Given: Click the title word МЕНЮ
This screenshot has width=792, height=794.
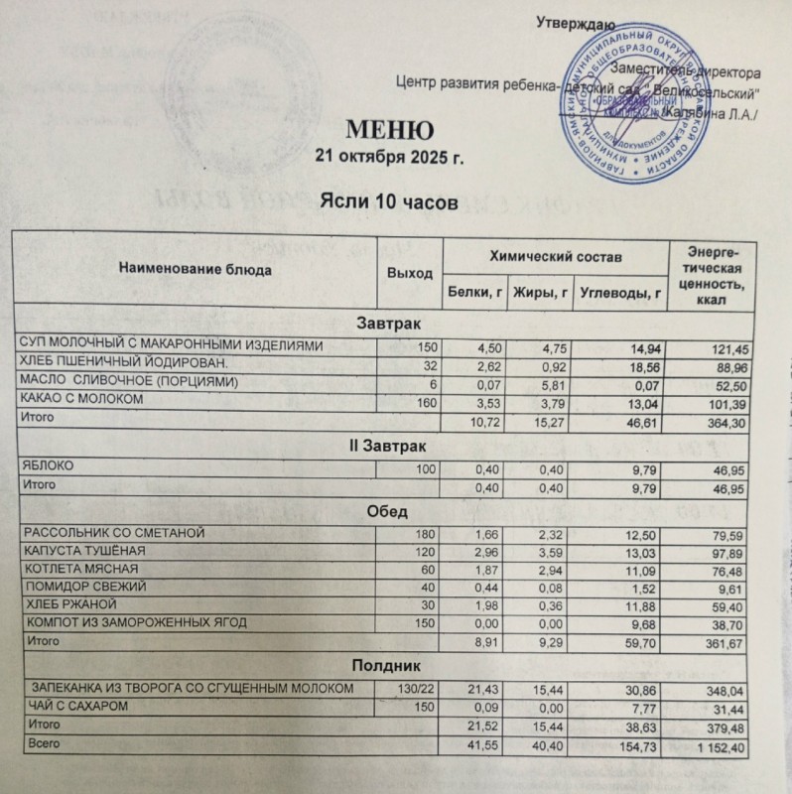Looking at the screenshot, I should tap(388, 130).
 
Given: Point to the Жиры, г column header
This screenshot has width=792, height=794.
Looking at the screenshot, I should tap(539, 292).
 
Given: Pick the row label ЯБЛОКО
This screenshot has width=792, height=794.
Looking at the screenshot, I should tap(48, 465).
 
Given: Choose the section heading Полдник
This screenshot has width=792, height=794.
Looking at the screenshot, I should tap(389, 666).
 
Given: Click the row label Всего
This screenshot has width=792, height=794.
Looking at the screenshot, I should tap(41, 744).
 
